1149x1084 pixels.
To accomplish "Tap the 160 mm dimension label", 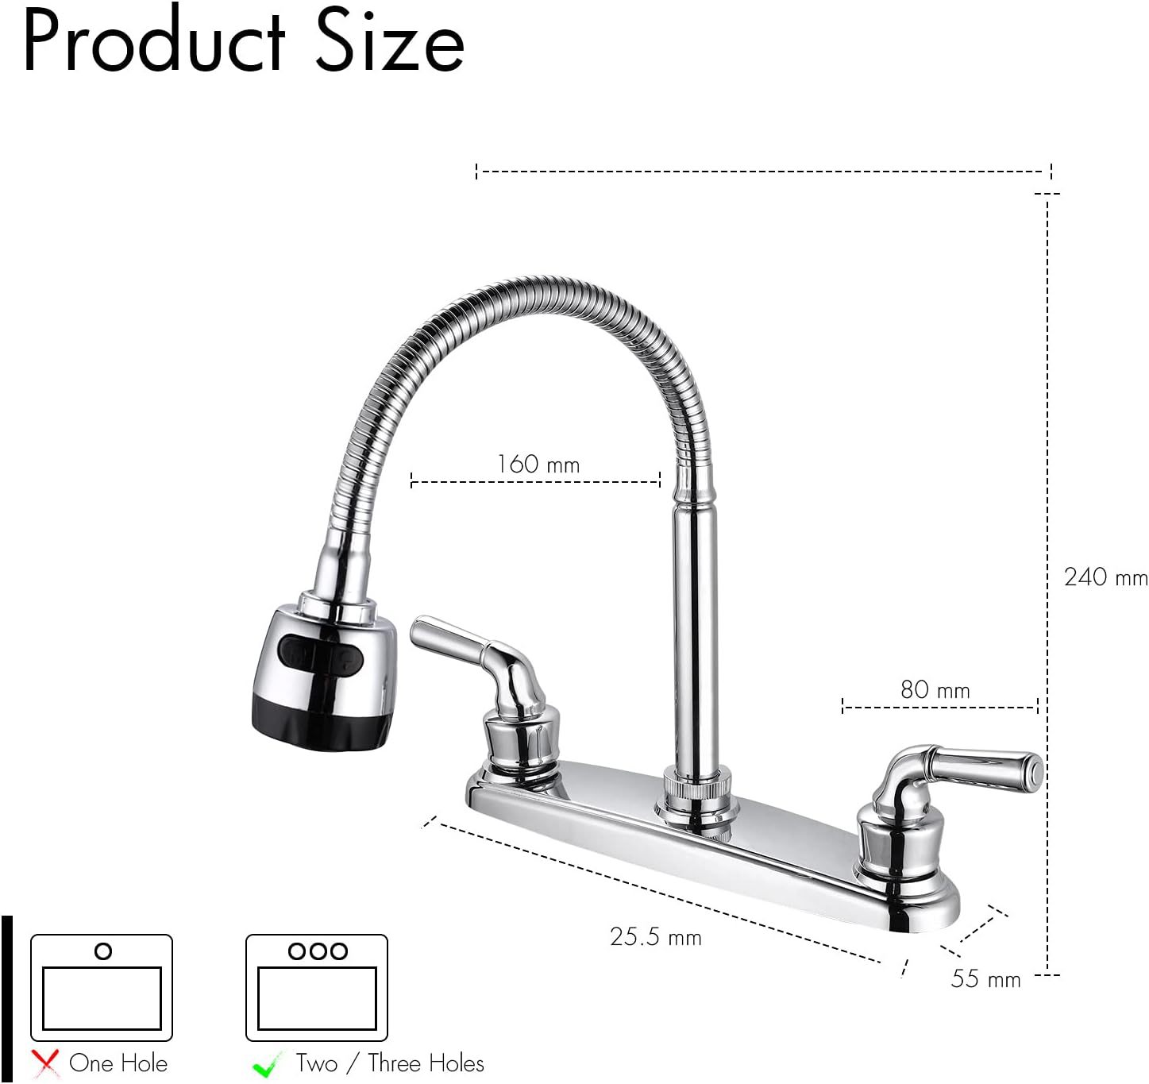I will click(x=538, y=465).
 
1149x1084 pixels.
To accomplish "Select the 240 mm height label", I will click(x=1105, y=577).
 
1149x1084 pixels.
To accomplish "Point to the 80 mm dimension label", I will click(x=935, y=690).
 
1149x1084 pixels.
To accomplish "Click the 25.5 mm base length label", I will click(x=655, y=937).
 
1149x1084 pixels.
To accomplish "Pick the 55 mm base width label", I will click(x=985, y=979).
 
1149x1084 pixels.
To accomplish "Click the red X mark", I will click(x=46, y=1063).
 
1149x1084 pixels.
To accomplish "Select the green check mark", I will click(x=267, y=1064).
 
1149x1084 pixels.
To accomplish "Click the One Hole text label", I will click(x=118, y=1063).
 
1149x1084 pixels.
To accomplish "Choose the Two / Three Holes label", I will click(x=389, y=1063).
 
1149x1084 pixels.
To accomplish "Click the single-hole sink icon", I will click(x=102, y=987).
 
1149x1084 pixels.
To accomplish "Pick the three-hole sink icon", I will click(x=317, y=987).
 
